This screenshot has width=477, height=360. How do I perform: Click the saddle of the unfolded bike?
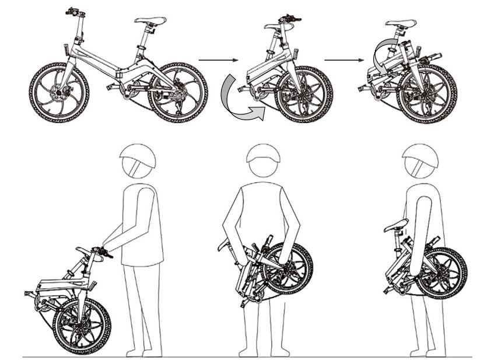coord(150,20)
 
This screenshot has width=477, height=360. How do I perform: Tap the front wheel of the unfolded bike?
coord(59,92)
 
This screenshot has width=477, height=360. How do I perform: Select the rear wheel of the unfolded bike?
coord(178,93)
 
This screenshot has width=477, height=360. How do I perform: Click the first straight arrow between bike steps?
coord(219,60)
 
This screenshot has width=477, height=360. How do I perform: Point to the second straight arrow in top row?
coord(344,60)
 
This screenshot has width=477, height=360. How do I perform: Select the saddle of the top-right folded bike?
coord(401,23)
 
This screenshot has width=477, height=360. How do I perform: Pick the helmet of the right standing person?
coord(419,158)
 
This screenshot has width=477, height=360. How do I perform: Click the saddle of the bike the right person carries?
coord(397,225)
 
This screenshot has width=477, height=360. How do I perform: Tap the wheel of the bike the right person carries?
coord(441,272)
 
